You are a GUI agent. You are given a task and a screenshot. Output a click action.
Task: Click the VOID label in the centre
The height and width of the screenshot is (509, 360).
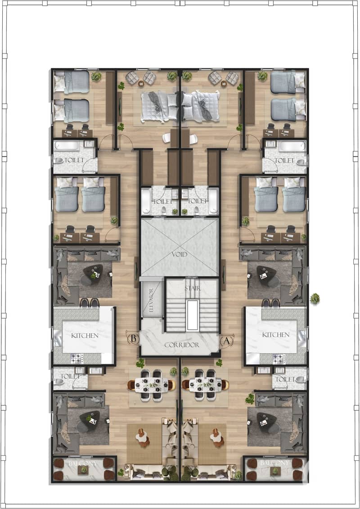tap(179, 255)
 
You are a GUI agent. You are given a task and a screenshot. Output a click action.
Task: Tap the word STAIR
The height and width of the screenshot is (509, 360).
tap(193, 288)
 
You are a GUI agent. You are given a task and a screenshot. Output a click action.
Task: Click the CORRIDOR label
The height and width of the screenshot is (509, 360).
tap(181, 345)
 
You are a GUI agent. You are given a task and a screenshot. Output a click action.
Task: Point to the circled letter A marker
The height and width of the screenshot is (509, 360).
tap(227, 341)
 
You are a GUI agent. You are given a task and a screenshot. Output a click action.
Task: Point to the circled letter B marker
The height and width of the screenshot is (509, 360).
tap(133, 339)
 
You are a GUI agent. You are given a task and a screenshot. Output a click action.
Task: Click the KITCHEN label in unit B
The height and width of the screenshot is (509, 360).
tap(85, 335)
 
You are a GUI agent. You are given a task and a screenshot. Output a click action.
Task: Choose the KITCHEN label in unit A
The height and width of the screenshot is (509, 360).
tap(275, 335)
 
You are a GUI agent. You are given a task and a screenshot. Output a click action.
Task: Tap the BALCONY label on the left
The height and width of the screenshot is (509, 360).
tap(82, 464)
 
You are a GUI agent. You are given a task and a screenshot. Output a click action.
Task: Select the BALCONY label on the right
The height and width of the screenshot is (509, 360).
tap(274, 463)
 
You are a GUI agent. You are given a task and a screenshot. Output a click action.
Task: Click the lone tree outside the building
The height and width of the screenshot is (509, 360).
tap(315, 299)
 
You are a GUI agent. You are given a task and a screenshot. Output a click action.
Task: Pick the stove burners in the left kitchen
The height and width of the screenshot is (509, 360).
tap(77, 359)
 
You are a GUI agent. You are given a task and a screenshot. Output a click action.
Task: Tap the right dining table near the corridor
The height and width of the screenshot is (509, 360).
tap(206, 385)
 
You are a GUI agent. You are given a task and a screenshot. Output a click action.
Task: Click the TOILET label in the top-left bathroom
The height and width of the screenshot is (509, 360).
tap(74, 160)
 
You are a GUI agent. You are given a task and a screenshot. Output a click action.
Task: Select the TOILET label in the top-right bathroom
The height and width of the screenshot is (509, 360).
tap(284, 160)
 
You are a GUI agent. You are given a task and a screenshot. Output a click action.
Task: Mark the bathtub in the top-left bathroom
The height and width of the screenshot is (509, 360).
tap(67, 146)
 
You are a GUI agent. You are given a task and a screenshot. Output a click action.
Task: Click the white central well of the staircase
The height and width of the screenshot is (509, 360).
tap(193, 315)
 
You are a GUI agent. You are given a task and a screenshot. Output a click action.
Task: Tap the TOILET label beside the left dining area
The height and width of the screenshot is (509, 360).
tap(70, 376)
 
